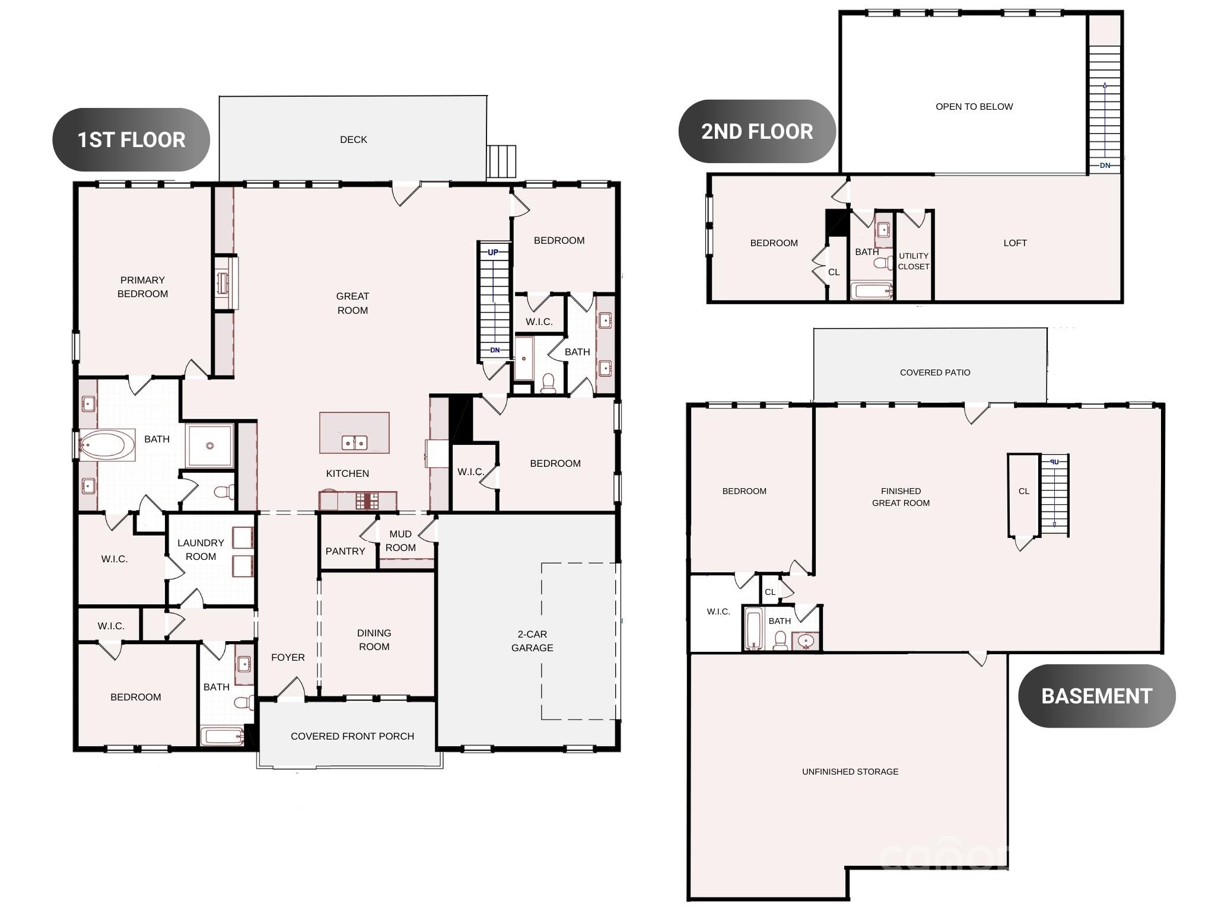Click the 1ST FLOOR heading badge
point(131,140)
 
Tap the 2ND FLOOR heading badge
point(757,132)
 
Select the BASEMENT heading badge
point(1097,696)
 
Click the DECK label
point(354,139)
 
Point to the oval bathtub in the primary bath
point(107,445)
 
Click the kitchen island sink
point(354,442)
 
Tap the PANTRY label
point(345,551)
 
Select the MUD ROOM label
point(400,541)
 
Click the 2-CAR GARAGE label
point(532,641)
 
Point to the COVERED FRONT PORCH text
point(352,736)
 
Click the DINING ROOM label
point(374,640)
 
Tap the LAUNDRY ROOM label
point(201,550)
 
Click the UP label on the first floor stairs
point(493,252)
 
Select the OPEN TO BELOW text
point(974,107)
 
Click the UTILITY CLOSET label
point(914,261)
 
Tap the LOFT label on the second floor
point(1015,243)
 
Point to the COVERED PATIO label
point(935,372)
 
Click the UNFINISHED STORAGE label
point(850,772)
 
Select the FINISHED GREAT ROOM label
point(901,497)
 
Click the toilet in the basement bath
point(781,641)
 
